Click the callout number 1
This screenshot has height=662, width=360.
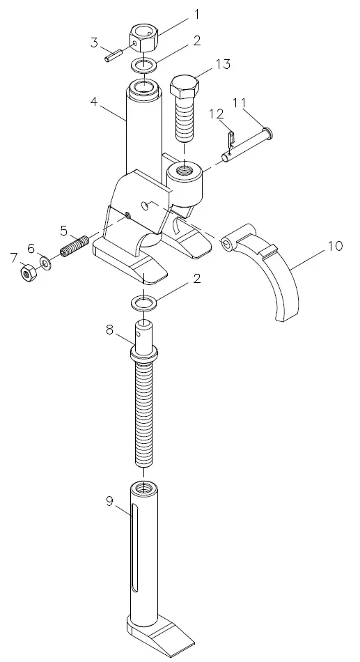coord(196,14)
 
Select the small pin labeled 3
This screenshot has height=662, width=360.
coord(113,55)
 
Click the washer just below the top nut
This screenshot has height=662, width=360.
coord(144,67)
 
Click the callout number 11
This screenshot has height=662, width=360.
coord(240,102)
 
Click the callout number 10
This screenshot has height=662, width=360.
coord(335,246)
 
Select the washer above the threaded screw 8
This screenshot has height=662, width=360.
coord(144,304)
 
